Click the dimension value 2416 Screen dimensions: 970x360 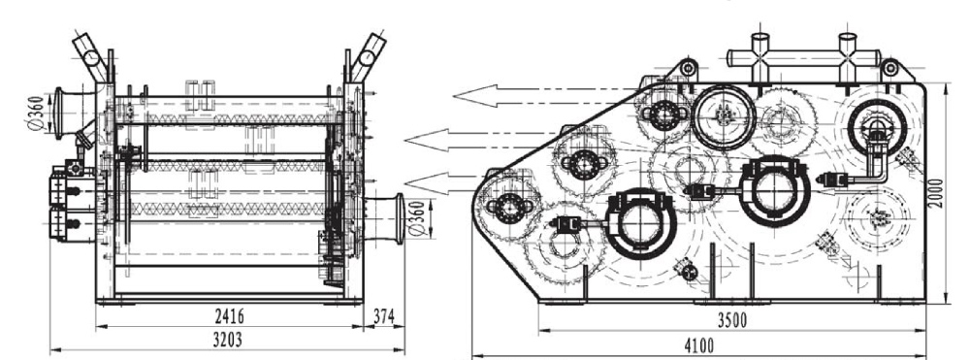click(x=229, y=316)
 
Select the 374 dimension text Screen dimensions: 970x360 click(x=383, y=316)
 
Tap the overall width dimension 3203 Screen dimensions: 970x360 click(x=227, y=340)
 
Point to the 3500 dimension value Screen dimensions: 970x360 click(x=731, y=320)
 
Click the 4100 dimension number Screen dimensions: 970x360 click(x=697, y=345)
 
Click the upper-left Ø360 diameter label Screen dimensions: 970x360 click(x=37, y=114)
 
